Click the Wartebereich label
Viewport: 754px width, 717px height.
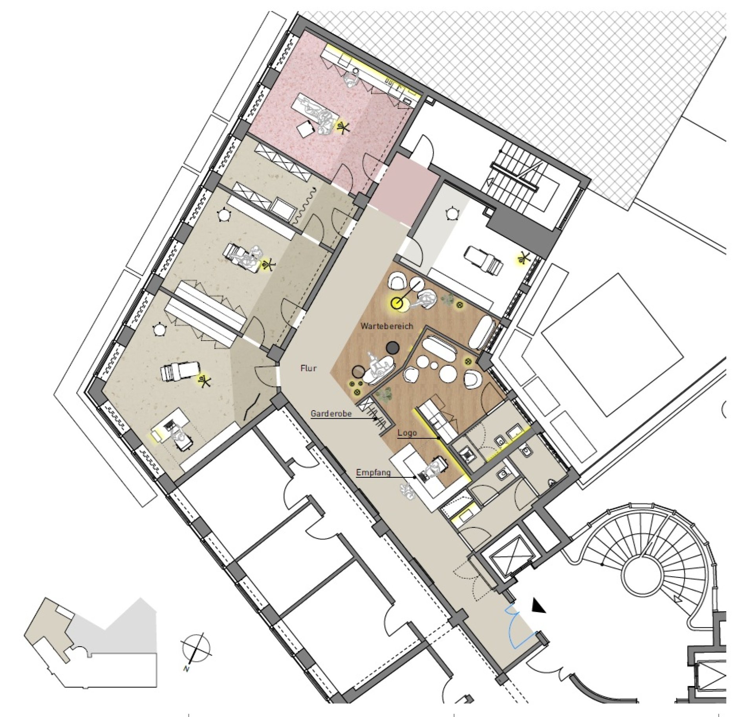(x=387, y=326)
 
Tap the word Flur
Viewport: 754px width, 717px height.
(x=308, y=369)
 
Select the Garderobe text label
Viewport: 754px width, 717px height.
(x=331, y=414)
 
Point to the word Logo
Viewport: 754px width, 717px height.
(x=407, y=433)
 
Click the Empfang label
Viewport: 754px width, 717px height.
(x=373, y=472)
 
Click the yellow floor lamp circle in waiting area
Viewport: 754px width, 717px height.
(x=397, y=303)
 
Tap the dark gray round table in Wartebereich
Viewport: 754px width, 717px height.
(x=392, y=347)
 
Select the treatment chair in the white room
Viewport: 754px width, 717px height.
(x=483, y=259)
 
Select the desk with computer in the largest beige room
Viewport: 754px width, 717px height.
(x=173, y=426)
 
